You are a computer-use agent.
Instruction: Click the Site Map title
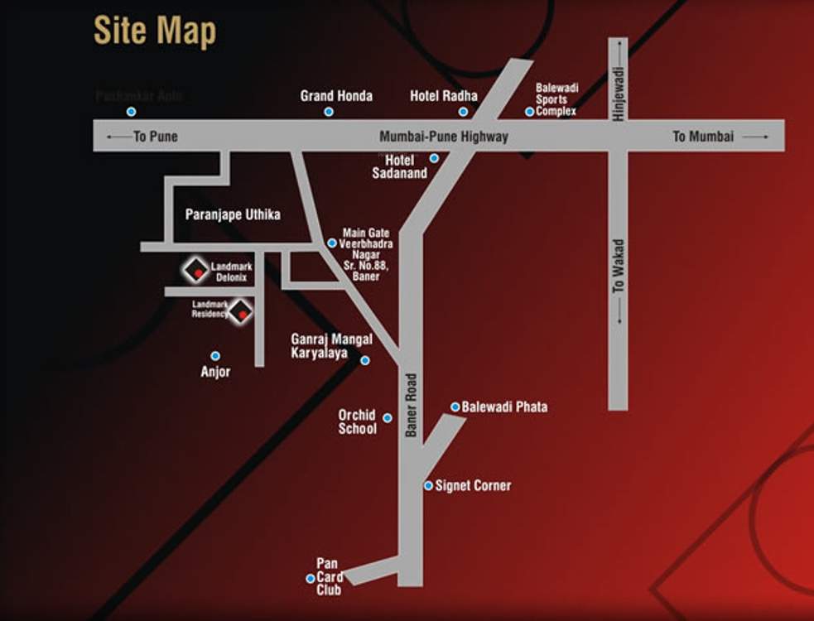(155, 31)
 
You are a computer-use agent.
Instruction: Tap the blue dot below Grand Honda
(329, 111)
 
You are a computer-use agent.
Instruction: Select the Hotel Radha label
(444, 96)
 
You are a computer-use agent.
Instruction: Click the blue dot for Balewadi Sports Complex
(530, 112)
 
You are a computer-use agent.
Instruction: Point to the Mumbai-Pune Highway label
(444, 137)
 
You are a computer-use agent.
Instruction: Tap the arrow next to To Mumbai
(755, 137)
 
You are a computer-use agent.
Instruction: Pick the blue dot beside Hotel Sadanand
(434, 158)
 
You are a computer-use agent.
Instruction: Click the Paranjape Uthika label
(233, 214)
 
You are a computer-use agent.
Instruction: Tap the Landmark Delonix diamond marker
(197, 270)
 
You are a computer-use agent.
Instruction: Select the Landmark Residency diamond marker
(241, 312)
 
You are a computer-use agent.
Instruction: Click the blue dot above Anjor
(215, 356)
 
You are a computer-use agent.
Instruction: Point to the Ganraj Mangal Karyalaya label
(331, 346)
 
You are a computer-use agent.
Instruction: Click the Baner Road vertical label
(411, 405)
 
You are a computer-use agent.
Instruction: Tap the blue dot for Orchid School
(388, 417)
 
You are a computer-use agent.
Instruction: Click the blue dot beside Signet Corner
(428, 485)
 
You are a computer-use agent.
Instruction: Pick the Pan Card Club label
(328, 577)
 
